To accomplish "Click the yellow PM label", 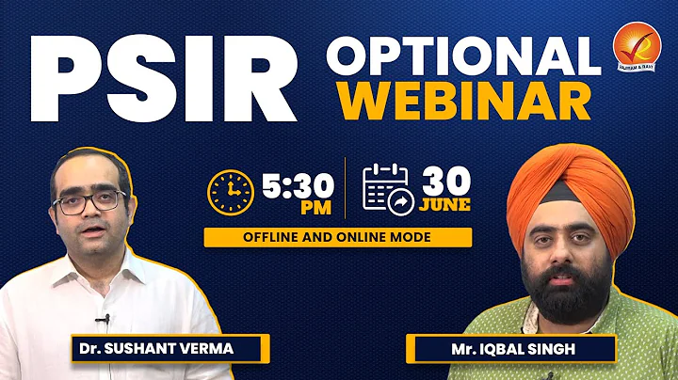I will tap(297, 209).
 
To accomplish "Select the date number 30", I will tap(445, 179).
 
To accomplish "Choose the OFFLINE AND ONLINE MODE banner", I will tap(338, 237).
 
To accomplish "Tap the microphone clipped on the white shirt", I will tap(106, 320).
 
